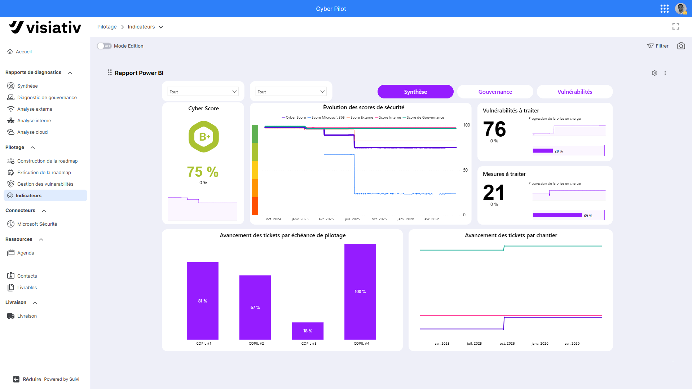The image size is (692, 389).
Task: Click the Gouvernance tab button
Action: click(495, 92)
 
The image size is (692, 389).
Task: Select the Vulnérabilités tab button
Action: click(575, 92)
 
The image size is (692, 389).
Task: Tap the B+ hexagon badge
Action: click(204, 137)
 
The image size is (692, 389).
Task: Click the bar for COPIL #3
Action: click(308, 331)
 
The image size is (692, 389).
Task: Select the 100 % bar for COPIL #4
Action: click(360, 292)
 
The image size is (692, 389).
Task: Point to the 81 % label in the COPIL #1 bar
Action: click(203, 301)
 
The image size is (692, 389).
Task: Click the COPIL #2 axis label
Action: click(256, 344)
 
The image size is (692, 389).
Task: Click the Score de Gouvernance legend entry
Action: click(423, 118)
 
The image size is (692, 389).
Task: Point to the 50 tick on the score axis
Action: click(466, 170)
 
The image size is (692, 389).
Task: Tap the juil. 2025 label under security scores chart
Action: click(352, 219)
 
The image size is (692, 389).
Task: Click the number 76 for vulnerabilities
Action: click(494, 129)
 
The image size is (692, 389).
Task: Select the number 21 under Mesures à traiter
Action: click(494, 193)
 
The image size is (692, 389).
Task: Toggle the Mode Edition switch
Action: click(104, 46)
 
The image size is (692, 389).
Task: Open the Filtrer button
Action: click(658, 46)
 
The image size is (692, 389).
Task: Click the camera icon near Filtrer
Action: click(681, 46)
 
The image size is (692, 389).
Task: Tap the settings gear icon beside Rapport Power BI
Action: click(654, 73)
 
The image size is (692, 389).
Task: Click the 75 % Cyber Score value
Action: click(203, 172)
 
